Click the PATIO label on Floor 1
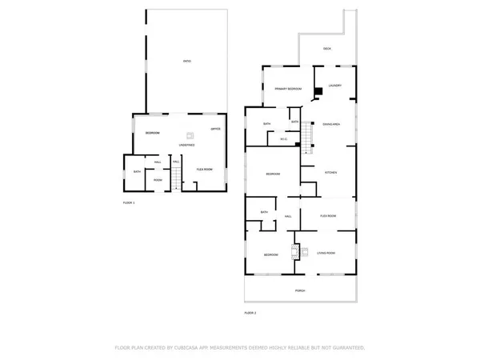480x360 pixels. point(186,62)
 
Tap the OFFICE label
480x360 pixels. point(215,129)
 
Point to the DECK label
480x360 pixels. point(327,49)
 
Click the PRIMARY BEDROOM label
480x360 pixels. point(287,89)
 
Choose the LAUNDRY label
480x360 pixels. point(334,86)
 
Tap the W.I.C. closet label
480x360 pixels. point(284,140)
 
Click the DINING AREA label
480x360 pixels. point(333,124)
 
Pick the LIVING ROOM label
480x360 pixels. point(326,253)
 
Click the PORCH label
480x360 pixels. point(300,290)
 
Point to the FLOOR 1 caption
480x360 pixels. point(129,203)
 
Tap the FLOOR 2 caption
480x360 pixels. point(250,312)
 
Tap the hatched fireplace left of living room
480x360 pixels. point(294,253)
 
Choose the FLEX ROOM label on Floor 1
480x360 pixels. point(204,170)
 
